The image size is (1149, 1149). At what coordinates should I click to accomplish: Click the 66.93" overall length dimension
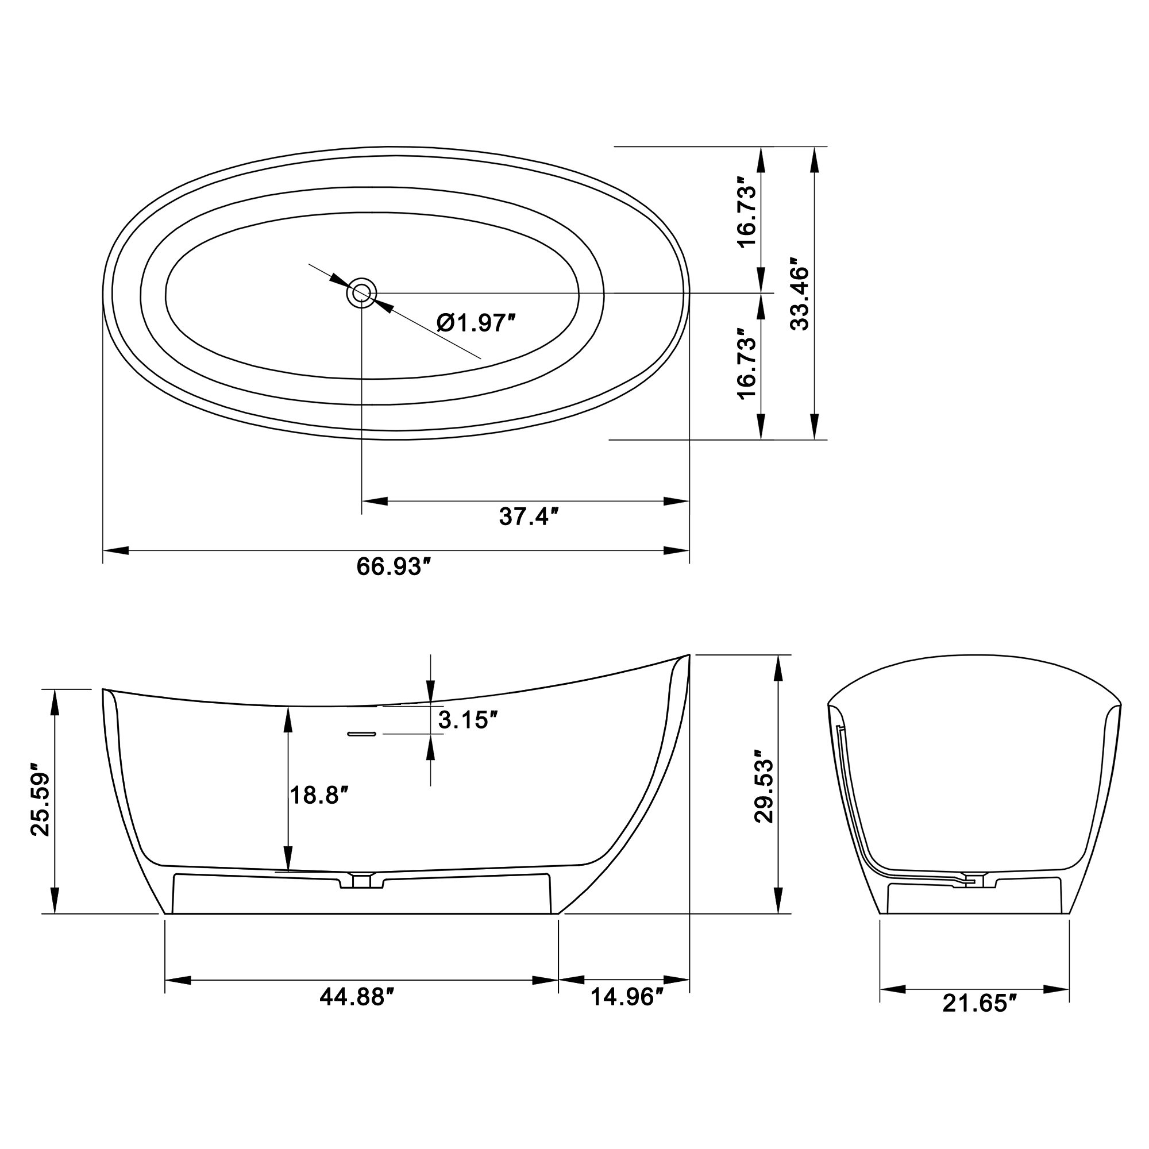(x=392, y=567)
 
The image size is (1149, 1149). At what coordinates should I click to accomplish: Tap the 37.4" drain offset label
(x=529, y=517)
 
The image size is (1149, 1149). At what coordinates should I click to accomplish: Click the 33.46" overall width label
(x=800, y=294)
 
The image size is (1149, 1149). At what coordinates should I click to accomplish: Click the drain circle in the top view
(x=361, y=293)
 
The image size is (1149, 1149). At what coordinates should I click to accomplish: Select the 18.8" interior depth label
(x=318, y=795)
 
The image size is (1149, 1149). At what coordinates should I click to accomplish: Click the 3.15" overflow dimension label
(x=468, y=720)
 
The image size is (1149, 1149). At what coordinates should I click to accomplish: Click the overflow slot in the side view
(x=361, y=734)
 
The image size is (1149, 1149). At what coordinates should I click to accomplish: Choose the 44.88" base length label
(x=357, y=997)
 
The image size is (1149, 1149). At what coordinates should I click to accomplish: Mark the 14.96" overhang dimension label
(x=626, y=997)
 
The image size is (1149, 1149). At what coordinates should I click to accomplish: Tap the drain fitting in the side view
(x=361, y=881)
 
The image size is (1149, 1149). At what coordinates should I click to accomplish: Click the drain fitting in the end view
(x=974, y=881)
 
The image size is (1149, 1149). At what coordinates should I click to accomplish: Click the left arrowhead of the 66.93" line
(x=116, y=551)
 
